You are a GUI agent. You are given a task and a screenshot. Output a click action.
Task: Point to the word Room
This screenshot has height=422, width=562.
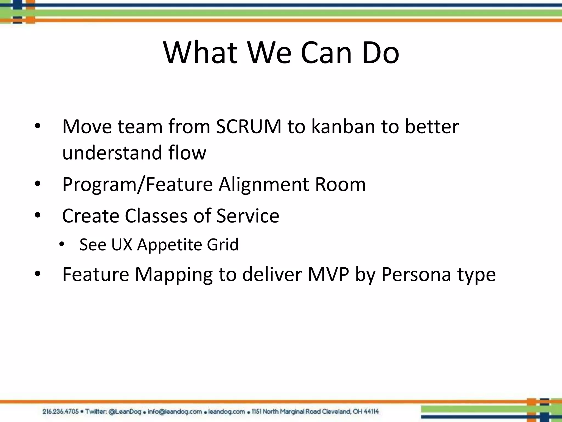click(340, 184)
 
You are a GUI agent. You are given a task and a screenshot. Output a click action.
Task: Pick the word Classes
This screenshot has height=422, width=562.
click(156, 216)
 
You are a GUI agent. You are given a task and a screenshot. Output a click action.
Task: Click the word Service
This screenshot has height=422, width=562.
click(248, 216)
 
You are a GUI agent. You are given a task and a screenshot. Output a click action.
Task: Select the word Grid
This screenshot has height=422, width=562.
click(223, 245)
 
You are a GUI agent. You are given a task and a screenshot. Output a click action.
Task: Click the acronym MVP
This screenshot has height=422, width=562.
click(328, 274)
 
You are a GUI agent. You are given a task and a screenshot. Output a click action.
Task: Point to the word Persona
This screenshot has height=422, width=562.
click(416, 274)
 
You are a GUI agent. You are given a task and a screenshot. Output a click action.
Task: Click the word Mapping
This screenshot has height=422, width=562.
click(174, 275)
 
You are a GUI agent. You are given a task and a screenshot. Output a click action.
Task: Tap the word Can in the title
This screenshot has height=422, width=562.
click(326, 53)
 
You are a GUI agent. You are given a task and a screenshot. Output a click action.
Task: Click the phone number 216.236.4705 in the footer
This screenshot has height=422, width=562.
click(61, 412)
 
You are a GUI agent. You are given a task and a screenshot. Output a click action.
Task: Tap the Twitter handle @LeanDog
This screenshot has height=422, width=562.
click(125, 412)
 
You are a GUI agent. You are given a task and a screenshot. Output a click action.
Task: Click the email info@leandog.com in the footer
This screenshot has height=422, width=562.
click(175, 412)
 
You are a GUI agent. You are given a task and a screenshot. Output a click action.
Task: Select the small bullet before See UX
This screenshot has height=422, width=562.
click(61, 244)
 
